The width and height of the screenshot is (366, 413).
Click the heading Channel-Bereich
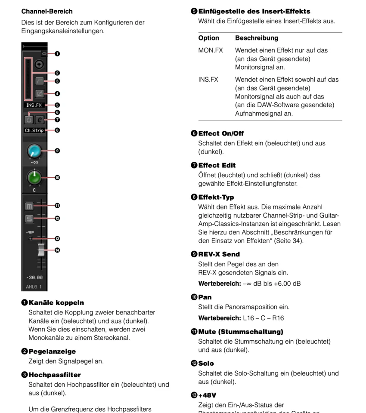(x=47, y=11)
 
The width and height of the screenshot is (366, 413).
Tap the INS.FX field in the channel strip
(x=34, y=105)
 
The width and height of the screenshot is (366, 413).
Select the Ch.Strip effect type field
(x=34, y=130)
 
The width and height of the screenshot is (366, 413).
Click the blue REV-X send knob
(x=34, y=151)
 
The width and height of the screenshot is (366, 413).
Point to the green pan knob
(x=34, y=177)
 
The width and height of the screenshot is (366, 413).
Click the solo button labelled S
(x=29, y=219)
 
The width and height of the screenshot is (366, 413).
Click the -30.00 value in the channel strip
(x=34, y=277)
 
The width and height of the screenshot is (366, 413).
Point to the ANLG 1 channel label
(x=34, y=287)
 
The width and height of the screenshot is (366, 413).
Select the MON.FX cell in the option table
(x=211, y=50)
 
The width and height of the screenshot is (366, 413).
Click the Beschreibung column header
(x=257, y=38)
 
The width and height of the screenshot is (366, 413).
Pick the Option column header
(x=208, y=38)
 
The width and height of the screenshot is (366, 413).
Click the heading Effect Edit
(x=217, y=165)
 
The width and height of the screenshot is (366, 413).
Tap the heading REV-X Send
(x=219, y=254)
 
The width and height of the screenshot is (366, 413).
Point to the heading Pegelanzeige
(x=52, y=351)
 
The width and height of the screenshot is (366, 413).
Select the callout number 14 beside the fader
(x=57, y=250)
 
